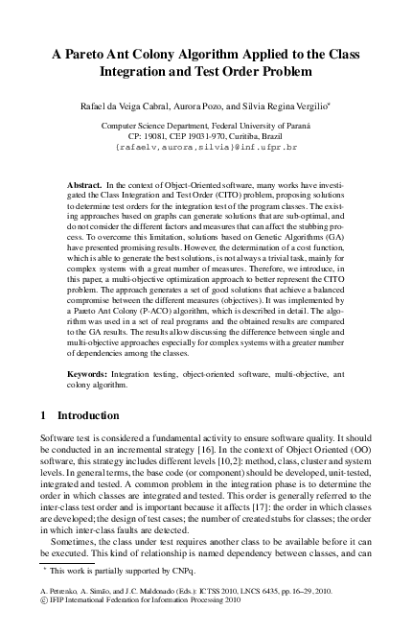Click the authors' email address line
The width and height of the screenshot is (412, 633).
coord(206,150)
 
